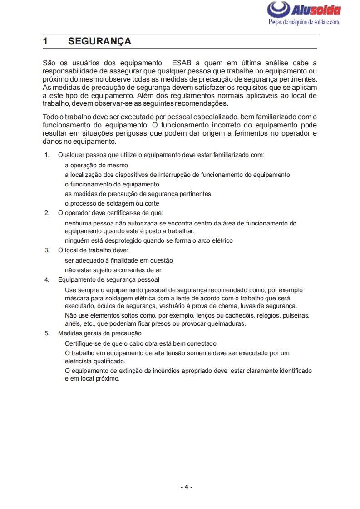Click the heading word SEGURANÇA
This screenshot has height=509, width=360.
click(x=99, y=41)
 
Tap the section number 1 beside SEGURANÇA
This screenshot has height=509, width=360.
click(x=45, y=41)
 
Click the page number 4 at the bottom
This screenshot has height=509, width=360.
click(x=186, y=487)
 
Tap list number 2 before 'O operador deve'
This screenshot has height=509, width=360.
click(x=46, y=213)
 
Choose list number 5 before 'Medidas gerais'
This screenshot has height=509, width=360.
click(x=46, y=333)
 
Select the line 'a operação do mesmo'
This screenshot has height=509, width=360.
click(x=96, y=165)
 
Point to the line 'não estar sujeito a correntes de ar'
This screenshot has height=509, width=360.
click(x=113, y=270)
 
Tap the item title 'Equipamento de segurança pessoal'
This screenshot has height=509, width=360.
click(x=108, y=279)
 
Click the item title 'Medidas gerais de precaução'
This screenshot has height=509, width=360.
click(x=100, y=333)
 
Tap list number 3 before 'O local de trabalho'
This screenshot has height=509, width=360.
click(x=46, y=250)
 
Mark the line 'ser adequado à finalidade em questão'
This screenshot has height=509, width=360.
click(x=118, y=260)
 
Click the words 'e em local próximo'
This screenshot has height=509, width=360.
click(x=92, y=379)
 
